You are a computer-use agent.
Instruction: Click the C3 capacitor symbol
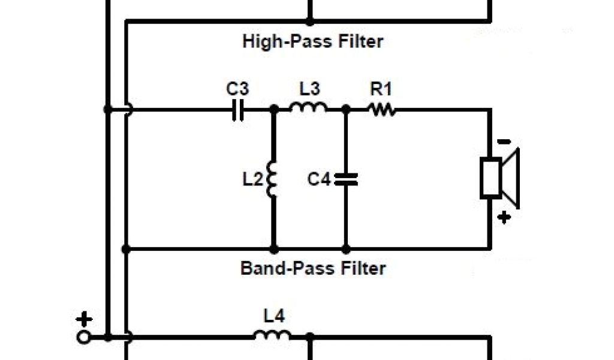click(238, 110)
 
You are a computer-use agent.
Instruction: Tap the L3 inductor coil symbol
click(308, 108)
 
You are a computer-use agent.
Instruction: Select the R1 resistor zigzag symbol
click(381, 109)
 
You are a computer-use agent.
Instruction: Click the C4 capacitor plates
click(346, 179)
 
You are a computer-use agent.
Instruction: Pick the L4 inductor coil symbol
click(272, 335)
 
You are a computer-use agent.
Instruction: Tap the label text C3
click(237, 89)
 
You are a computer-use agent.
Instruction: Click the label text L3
click(309, 89)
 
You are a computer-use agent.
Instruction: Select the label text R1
click(381, 89)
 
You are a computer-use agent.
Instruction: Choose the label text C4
click(319, 179)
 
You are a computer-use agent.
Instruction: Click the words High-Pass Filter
click(312, 41)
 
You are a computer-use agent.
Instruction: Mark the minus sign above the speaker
click(504, 142)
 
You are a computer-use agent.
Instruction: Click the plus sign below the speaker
click(504, 217)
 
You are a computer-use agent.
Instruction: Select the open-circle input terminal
click(84, 337)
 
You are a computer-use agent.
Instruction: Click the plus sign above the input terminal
click(84, 319)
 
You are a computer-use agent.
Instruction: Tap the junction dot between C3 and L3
click(274, 110)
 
